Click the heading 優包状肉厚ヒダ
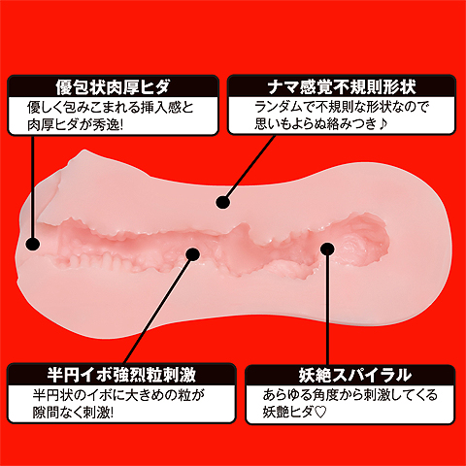pyautogui.click(x=113, y=86)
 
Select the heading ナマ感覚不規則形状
pyautogui.click(x=342, y=86)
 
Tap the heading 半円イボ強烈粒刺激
pyautogui.click(x=121, y=375)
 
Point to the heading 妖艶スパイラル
pyautogui.click(x=355, y=376)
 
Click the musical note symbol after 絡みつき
pyautogui.click(x=383, y=124)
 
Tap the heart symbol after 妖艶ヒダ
pyautogui.click(x=320, y=413)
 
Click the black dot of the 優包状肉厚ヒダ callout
pyautogui.click(x=32, y=244)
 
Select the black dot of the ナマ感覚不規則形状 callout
pyautogui.click(x=222, y=203)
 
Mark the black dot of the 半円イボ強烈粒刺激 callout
pyautogui.click(x=193, y=254)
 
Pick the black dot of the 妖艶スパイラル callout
pyautogui.click(x=327, y=250)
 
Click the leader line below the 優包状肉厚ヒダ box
pyautogui.click(x=32, y=186)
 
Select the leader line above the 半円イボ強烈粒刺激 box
pyautogui.click(x=157, y=311)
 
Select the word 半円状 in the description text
pyautogui.click(x=51, y=395)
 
